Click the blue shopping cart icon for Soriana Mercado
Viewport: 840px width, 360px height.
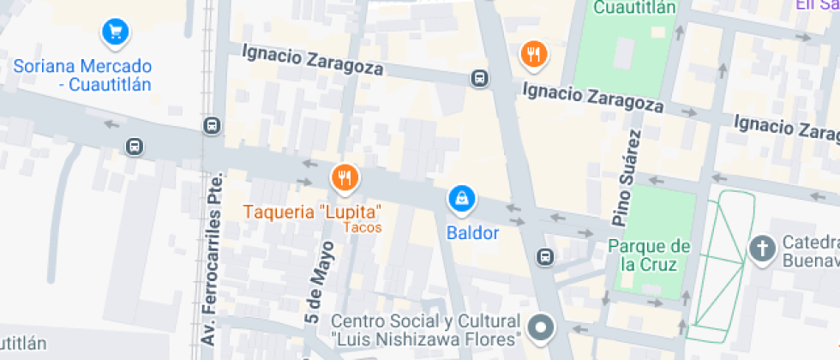(115, 33)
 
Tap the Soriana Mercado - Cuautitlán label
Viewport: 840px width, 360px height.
(82, 75)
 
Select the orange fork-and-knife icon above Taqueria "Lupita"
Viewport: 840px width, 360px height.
(344, 177)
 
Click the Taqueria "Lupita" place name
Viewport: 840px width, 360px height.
(312, 211)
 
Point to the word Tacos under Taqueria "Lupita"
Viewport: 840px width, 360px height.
(362, 228)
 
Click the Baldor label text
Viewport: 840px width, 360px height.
(472, 232)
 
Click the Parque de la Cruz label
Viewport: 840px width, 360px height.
(649, 255)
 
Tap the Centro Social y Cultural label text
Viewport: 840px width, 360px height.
(426, 321)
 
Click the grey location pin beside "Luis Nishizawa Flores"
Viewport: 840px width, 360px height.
(542, 327)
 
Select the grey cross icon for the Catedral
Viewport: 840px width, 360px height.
(760, 249)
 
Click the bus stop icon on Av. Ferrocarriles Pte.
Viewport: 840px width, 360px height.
(212, 126)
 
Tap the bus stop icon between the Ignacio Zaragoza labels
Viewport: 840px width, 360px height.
(479, 79)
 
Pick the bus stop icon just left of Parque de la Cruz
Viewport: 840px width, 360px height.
(544, 256)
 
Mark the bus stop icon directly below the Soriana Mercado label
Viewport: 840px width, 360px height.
(134, 146)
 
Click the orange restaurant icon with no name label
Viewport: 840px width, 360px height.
(534, 54)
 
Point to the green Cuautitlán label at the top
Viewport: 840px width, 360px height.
(635, 8)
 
